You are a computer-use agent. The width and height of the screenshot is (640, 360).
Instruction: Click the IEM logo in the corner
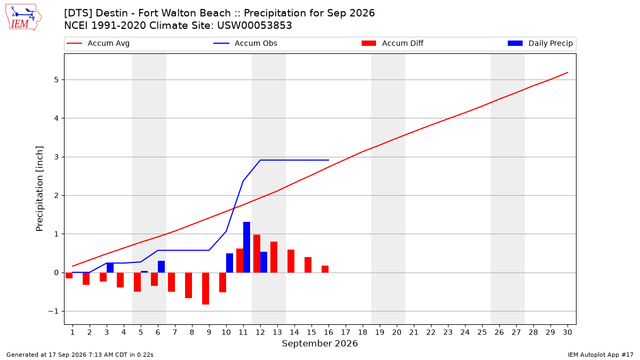coord(23,18)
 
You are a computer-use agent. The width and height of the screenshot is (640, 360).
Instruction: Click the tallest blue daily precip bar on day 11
coord(246,247)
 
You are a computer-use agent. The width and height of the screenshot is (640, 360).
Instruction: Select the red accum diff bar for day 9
coord(205,289)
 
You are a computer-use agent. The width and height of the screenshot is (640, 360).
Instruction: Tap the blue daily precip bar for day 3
coord(110,268)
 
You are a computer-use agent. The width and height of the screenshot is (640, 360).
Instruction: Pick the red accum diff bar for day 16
coord(325,269)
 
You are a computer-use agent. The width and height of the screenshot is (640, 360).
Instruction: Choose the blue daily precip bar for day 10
coord(229,263)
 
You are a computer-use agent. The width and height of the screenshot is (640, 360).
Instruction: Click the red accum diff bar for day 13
coord(274,257)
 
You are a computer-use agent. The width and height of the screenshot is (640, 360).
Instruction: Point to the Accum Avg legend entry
coord(98,43)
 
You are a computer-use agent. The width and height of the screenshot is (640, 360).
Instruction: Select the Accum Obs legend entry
coord(245,43)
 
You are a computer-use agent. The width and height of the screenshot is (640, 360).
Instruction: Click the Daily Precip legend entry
coord(540,43)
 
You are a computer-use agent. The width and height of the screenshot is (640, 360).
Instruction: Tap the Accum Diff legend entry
coord(393,43)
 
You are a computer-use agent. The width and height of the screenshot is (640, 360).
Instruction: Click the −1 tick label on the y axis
coord(53,311)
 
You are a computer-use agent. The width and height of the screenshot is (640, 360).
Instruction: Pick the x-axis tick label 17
coord(346,332)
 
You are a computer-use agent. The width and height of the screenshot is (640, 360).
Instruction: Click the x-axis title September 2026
coord(319,343)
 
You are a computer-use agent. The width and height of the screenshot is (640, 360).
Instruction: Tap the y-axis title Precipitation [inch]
coord(39,189)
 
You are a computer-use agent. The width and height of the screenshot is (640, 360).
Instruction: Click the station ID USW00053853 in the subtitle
coord(254,26)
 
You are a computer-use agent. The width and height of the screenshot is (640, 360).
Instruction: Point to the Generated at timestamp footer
coord(79,355)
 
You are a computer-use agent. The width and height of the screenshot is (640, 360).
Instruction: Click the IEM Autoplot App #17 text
coord(601,355)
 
